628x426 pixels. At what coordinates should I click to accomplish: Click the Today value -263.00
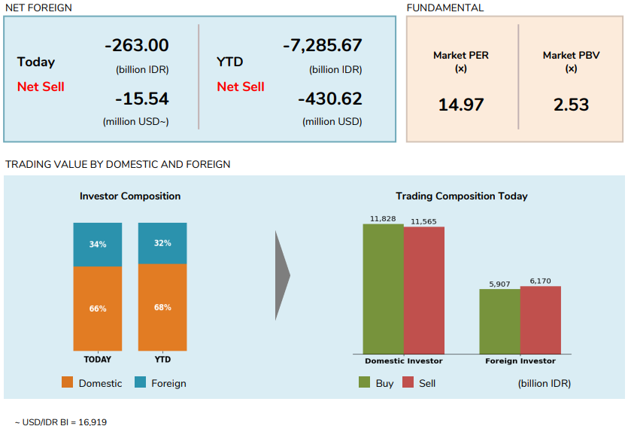coord(136,45)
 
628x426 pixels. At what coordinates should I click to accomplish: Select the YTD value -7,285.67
coord(323,45)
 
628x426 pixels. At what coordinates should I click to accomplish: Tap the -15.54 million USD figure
coord(141,99)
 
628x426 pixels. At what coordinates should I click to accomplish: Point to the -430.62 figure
coord(329,99)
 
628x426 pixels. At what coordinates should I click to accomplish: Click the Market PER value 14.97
coord(461,105)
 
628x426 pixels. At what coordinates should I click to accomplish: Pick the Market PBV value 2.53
coord(571,105)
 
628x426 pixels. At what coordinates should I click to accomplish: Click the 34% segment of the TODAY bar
coord(98,244)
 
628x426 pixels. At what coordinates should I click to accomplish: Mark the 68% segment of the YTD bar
coord(162,307)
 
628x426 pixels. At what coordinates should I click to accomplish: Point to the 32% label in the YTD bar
coord(162,243)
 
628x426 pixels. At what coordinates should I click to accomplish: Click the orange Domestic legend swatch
coord(68,382)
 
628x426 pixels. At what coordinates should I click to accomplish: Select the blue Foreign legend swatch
coord(140,382)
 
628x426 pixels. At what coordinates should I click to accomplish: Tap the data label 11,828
coord(383,218)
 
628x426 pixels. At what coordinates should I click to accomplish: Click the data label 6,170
coord(540,281)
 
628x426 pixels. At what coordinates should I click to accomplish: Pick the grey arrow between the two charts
coord(282,275)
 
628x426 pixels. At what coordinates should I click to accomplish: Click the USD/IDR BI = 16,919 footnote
coord(61,422)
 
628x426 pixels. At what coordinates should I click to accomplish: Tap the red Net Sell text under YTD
coord(241,87)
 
